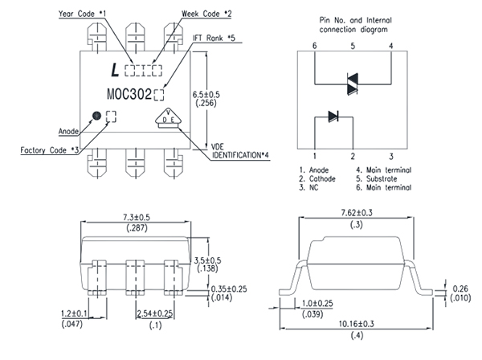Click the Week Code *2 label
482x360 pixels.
point(205,14)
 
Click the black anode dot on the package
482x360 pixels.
point(96,116)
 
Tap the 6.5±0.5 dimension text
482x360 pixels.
point(208,94)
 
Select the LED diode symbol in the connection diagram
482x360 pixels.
point(333,117)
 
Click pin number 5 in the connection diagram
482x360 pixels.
point(352,46)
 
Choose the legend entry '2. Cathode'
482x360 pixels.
point(320,178)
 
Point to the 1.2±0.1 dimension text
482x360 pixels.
point(73,313)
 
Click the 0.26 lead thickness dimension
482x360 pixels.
point(460,288)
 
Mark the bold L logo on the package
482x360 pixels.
point(116,71)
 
